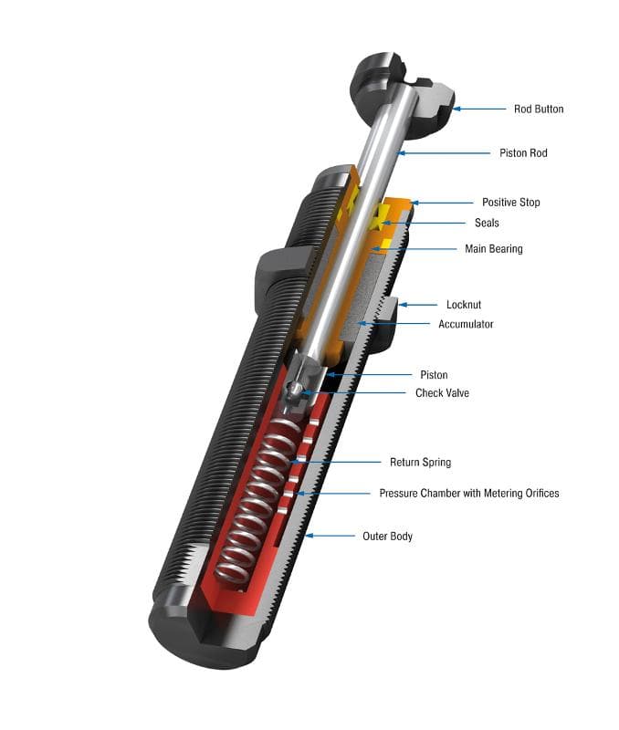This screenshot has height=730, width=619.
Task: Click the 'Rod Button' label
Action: [538, 109]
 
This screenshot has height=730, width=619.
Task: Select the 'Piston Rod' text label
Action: [523, 153]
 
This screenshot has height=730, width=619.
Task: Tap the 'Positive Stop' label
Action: [510, 202]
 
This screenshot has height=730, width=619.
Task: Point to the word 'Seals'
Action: [487, 223]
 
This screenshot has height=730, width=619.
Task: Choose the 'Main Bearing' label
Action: [493, 248]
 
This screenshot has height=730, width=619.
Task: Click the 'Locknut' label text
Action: [464, 305]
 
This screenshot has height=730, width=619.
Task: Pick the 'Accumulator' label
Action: [466, 324]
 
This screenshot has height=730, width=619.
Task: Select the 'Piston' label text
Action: [434, 374]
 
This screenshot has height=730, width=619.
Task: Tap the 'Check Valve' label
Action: [443, 392]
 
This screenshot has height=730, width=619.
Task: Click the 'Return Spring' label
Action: [420, 463]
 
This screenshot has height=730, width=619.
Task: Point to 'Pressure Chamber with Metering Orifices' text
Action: [469, 493]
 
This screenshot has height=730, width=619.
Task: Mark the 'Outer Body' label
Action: [388, 536]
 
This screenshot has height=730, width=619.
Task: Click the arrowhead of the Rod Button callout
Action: [456, 109]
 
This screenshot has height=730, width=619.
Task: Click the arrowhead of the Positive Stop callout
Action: [414, 202]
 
